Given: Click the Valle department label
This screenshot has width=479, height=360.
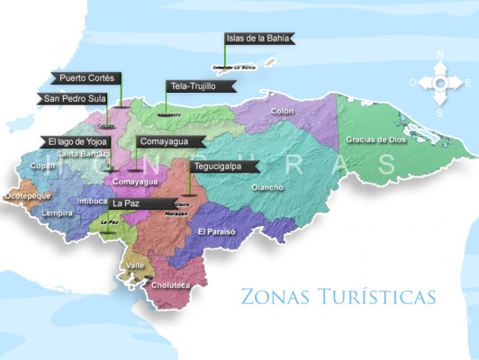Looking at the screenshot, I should click(136, 265).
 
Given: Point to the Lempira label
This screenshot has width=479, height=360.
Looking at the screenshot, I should click(56, 214).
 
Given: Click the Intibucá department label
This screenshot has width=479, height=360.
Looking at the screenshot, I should click(94, 201).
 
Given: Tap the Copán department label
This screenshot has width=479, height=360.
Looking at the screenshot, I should click(42, 166).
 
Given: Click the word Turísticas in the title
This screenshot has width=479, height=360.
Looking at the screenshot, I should click(384, 296).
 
